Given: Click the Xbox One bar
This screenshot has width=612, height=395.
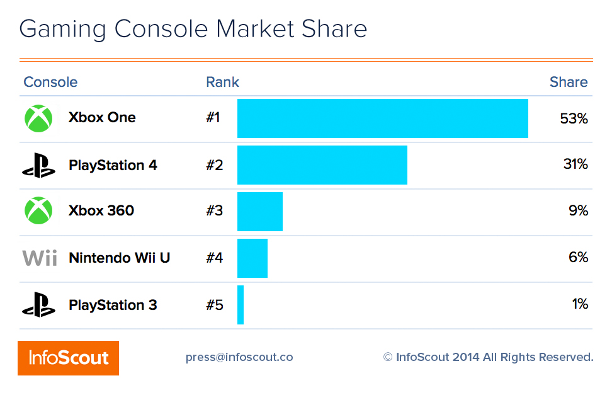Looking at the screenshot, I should [x=382, y=118].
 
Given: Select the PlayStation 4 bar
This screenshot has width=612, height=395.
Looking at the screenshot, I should [x=322, y=165].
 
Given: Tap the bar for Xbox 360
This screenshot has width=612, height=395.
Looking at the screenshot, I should [x=259, y=212].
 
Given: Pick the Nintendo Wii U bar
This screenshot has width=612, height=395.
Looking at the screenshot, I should [x=252, y=258].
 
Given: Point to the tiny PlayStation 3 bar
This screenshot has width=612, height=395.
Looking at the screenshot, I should [x=241, y=305].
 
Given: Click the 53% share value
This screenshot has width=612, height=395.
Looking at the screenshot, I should [x=573, y=118].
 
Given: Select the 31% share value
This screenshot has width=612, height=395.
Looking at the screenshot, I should [x=575, y=164].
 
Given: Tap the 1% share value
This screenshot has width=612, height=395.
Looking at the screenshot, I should [x=579, y=304].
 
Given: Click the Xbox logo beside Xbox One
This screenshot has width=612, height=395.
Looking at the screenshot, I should [x=38, y=118].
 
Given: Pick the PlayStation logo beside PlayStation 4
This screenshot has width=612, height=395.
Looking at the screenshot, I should [x=38, y=165].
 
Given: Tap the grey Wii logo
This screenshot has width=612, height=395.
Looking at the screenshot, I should [x=40, y=258].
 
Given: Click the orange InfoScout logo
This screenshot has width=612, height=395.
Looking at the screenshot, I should [x=68, y=358].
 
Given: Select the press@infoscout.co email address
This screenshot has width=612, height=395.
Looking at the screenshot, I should [x=239, y=357].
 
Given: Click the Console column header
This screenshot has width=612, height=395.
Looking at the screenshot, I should [x=50, y=83].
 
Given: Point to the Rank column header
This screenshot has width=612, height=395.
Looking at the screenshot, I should [x=222, y=83].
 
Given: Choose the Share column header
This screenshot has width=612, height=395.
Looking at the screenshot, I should [x=568, y=83].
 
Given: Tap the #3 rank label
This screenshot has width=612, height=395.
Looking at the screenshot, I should [x=214, y=211].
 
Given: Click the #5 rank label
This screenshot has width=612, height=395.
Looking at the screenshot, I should [x=214, y=305].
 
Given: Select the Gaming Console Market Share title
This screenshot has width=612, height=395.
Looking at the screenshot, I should [x=193, y=30].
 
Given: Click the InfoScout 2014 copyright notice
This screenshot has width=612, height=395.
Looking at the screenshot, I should [x=488, y=357].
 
